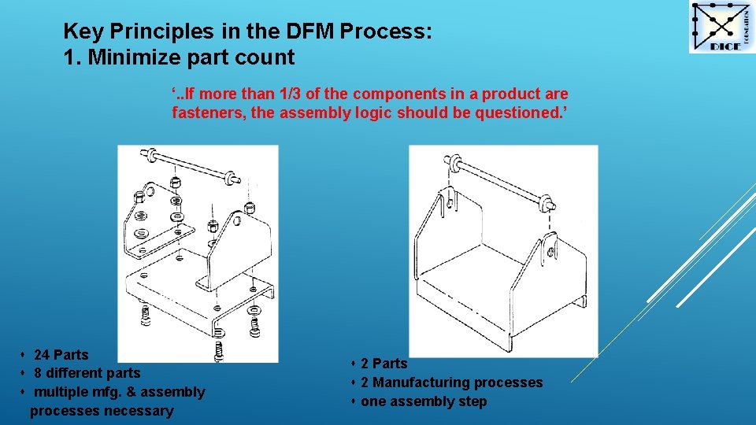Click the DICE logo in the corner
[721, 28]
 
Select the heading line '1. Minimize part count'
[179, 57]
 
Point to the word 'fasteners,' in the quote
[209, 113]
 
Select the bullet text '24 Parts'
[61, 355]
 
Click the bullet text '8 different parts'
[87, 373]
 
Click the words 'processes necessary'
[102, 411]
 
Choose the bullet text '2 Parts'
[384, 364]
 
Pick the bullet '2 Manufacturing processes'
[451, 382]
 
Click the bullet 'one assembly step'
[424, 401]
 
